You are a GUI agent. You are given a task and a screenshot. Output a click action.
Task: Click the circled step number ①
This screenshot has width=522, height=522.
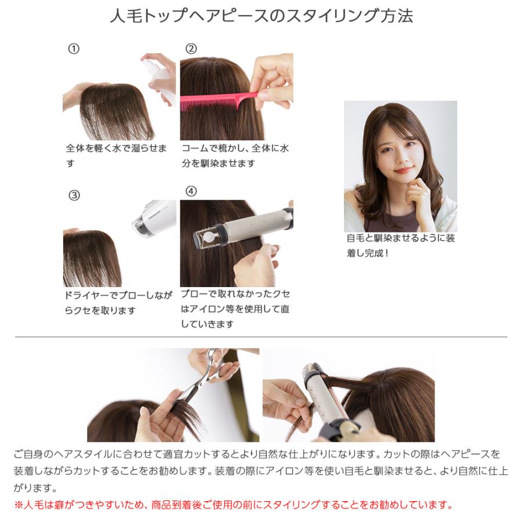pyautogui.click(x=74, y=49)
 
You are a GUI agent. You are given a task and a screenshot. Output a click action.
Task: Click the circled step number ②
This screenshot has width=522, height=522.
pyautogui.click(x=191, y=49)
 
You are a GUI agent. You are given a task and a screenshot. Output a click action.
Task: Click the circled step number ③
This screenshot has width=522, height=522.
pyautogui.click(x=74, y=195)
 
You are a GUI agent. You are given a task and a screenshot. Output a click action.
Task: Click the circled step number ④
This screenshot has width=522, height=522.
pyautogui.click(x=191, y=191)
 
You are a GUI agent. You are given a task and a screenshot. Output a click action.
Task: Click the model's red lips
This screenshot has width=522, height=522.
pyautogui.click(x=404, y=170)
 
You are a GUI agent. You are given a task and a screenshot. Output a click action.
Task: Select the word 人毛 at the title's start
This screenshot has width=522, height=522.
pyautogui.click(x=123, y=16)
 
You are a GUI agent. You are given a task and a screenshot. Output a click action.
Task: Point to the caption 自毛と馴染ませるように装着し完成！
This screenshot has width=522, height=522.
pyautogui.click(x=400, y=245)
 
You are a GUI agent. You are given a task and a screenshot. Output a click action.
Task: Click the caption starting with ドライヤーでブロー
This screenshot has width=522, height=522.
pyautogui.click(x=118, y=303)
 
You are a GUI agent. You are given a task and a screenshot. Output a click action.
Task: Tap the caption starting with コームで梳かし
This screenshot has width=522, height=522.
pyautogui.click(x=235, y=156)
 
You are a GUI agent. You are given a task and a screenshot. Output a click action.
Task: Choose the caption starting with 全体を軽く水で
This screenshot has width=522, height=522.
pyautogui.click(x=116, y=156)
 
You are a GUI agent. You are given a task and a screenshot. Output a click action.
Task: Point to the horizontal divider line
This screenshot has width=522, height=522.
pyautogui.click(x=261, y=337)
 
